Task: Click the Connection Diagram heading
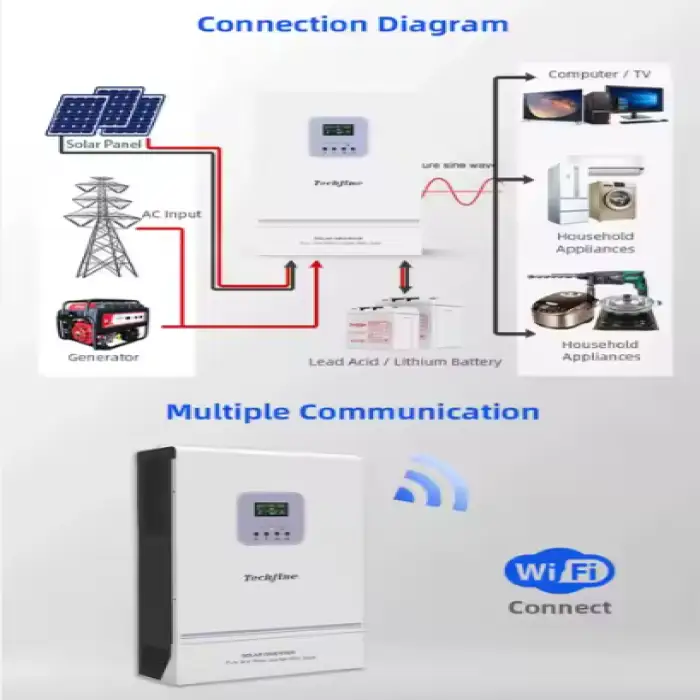(x=352, y=23)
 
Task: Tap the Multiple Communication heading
(x=352, y=411)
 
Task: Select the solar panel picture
(x=104, y=113)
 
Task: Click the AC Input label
(x=171, y=214)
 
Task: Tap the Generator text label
(x=103, y=357)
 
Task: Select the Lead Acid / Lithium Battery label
(x=405, y=361)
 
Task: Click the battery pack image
(x=391, y=322)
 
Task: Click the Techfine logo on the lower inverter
(x=271, y=577)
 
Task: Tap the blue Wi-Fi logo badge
(x=559, y=572)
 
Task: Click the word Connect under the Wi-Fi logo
(x=559, y=607)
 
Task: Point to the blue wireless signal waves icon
(x=429, y=483)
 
